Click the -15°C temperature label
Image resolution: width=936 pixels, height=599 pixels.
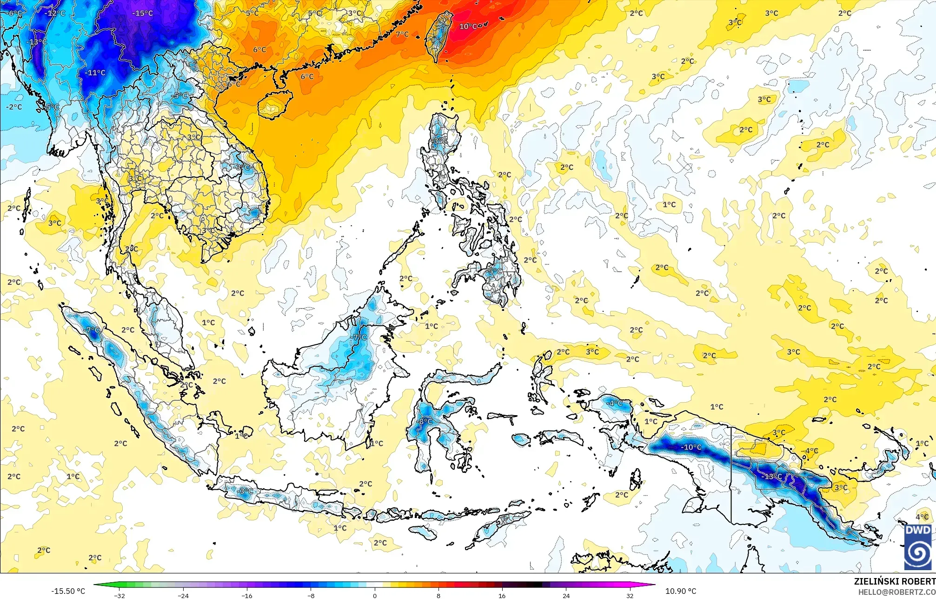click(x=142, y=13)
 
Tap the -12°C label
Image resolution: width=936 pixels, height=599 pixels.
click(x=55, y=13)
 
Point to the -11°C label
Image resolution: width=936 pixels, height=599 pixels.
click(x=95, y=73)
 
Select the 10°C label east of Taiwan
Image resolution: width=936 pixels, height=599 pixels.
click(x=468, y=27)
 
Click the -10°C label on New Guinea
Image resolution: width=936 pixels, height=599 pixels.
click(x=691, y=447)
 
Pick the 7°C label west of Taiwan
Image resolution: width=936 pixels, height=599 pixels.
click(x=402, y=34)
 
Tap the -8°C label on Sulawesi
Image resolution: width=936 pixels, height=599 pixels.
click(x=425, y=422)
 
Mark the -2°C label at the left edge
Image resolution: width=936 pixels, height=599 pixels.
click(x=14, y=107)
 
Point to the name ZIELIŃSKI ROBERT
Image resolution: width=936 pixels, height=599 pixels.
click(x=895, y=581)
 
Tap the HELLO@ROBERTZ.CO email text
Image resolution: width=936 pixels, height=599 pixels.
click(x=896, y=592)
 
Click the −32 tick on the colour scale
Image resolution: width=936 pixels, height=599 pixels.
click(x=120, y=595)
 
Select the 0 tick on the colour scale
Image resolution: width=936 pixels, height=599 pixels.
click(x=375, y=595)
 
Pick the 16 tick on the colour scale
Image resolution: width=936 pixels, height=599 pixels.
click(x=502, y=595)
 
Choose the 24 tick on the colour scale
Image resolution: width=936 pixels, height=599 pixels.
click(x=566, y=595)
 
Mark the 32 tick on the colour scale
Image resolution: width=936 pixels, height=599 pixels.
click(x=630, y=595)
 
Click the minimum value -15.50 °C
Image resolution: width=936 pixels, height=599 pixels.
click(x=68, y=591)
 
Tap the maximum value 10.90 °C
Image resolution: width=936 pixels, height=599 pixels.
click(x=681, y=591)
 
